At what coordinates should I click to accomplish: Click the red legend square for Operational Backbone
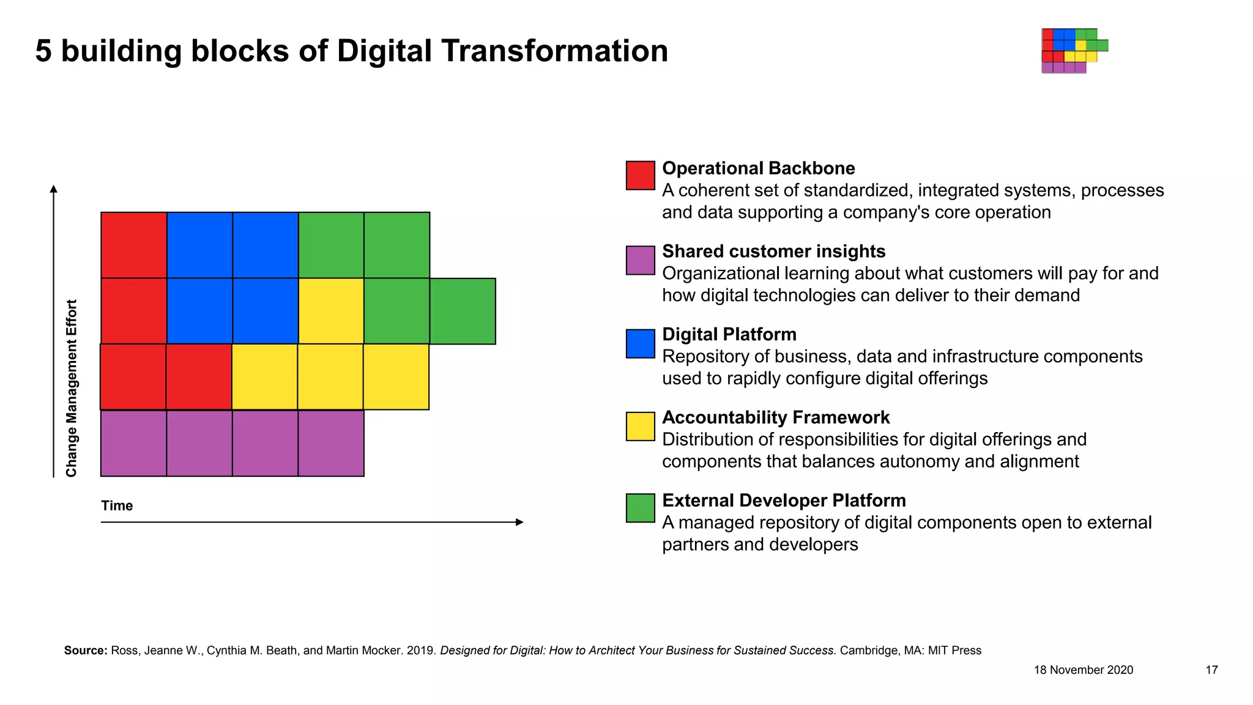[x=640, y=176]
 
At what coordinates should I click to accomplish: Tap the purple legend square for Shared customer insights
[x=640, y=260]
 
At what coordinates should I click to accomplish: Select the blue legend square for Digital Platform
[x=640, y=343]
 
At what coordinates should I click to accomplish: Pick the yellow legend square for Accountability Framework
[x=640, y=427]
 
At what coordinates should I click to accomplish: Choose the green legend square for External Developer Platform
[x=640, y=508]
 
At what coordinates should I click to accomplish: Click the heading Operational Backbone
[x=758, y=168]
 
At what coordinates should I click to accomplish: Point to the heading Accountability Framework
[x=775, y=417]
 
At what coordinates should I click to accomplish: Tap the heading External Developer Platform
[x=783, y=501]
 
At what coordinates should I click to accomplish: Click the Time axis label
[x=117, y=505]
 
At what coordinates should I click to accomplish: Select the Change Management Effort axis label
[x=72, y=388]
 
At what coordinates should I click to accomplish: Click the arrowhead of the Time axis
[x=520, y=522]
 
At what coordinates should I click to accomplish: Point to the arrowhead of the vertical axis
[x=54, y=189]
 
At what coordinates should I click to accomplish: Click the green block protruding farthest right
[x=463, y=311]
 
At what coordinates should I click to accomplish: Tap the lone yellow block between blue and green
[x=331, y=311]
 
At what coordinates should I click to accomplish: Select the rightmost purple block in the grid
[x=331, y=443]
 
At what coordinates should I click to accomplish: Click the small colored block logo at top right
[x=1074, y=51]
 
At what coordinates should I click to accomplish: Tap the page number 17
[x=1211, y=670]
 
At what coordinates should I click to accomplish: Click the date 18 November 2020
[x=1083, y=670]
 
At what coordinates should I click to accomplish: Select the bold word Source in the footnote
[x=86, y=651]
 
